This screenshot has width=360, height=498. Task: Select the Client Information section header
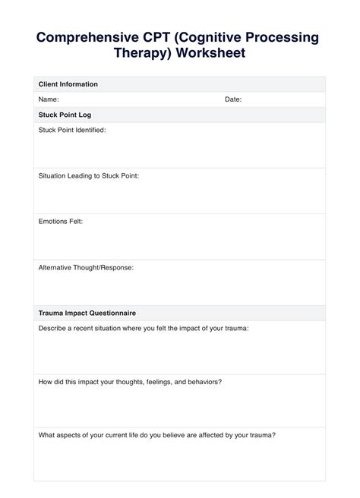pos(68,84)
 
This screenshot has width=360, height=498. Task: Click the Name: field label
pos(49,99)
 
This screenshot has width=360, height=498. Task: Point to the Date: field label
pos(233,99)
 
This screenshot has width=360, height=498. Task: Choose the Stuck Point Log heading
pos(65,115)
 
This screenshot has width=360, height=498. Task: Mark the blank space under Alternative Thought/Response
pos(179,288)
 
